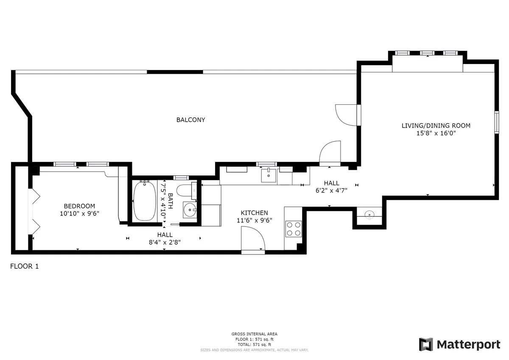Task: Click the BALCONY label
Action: [190, 120]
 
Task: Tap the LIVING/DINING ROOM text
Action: [436, 126]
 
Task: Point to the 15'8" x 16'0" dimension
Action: [436, 133]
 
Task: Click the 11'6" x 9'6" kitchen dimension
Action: [254, 220]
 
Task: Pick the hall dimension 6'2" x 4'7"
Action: [331, 190]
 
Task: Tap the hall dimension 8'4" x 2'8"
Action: [165, 242]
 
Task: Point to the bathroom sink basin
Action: [190, 209]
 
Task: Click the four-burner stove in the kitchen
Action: [294, 229]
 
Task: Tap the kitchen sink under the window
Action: [268, 175]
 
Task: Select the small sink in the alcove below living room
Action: [369, 214]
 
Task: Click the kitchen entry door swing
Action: [253, 239]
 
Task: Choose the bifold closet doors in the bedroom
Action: [35, 209]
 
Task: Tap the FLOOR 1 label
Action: [24, 267]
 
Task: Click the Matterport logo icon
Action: [426, 344]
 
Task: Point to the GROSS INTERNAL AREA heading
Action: [254, 334]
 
